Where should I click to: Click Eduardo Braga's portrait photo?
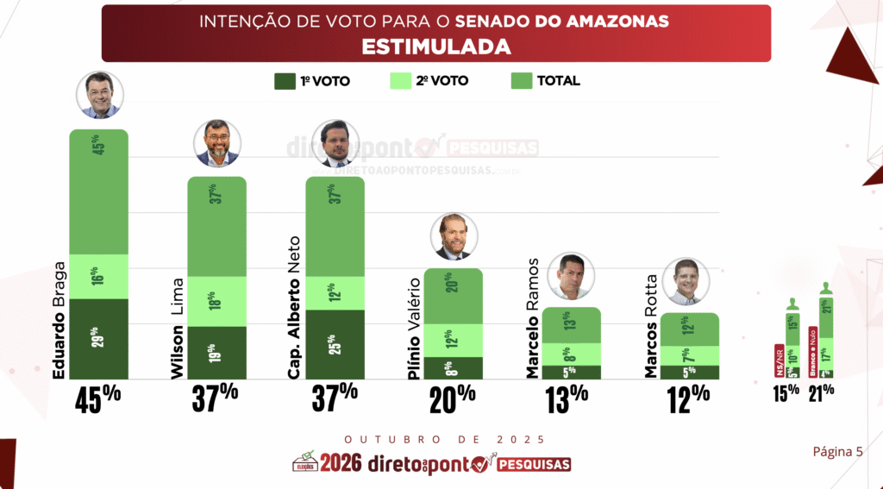point(99,95)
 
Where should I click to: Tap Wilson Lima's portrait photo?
point(217,142)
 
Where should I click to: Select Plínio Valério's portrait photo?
point(453,235)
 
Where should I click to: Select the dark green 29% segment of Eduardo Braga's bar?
point(98,338)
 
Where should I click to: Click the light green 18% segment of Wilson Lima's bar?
point(217,301)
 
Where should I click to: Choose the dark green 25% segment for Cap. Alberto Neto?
point(335,344)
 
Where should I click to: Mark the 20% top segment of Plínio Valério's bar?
point(453,296)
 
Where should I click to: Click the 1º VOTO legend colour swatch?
point(285,81)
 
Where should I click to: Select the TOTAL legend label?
point(558,81)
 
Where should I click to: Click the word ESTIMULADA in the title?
point(435,46)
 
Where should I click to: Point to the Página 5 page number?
point(836,451)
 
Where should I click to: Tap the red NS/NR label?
point(779,360)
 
